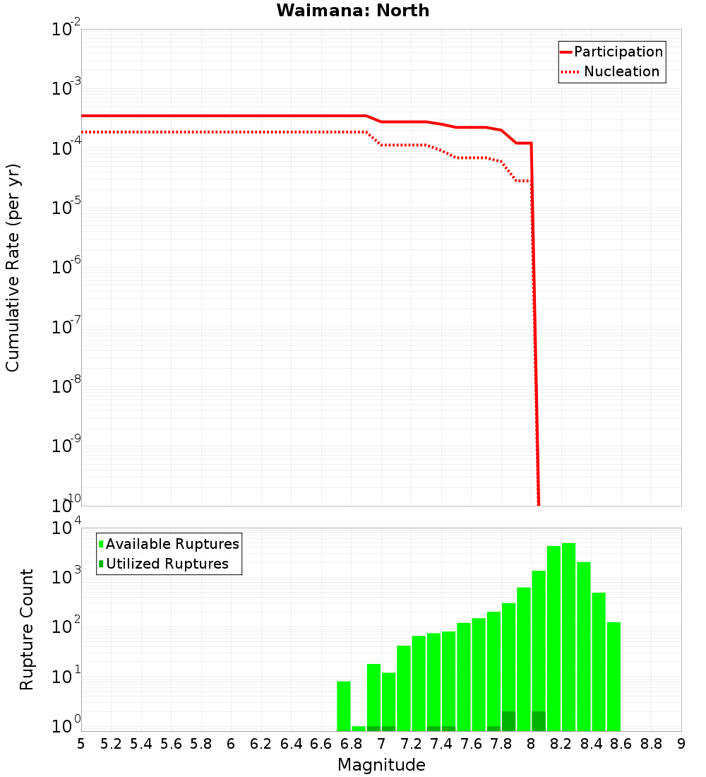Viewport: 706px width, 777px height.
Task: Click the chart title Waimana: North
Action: pyautogui.click(x=352, y=11)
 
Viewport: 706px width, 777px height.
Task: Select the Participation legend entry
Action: pyautogui.click(x=618, y=52)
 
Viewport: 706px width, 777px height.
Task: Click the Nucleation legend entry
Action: pyautogui.click(x=621, y=72)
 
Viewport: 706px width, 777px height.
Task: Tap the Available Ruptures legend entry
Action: pyautogui.click(x=172, y=544)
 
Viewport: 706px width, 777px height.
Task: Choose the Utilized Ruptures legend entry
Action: pyautogui.click(x=167, y=564)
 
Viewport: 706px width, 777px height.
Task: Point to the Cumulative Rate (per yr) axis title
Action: pyautogui.click(x=13, y=267)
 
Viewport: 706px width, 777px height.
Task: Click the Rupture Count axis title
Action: pyautogui.click(x=27, y=629)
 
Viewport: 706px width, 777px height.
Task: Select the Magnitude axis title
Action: pyautogui.click(x=381, y=765)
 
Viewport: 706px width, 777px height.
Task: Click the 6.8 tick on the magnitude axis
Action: pyautogui.click(x=351, y=744)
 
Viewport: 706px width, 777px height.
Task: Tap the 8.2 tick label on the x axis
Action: pyautogui.click(x=561, y=744)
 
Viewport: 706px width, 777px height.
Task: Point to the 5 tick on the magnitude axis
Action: pyautogui.click(x=81, y=744)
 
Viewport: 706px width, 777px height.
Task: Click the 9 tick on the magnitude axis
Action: pyautogui.click(x=681, y=744)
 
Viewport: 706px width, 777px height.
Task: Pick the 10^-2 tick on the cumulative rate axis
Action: pyautogui.click(x=63, y=30)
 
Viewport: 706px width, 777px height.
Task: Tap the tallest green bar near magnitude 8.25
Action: pyautogui.click(x=568, y=636)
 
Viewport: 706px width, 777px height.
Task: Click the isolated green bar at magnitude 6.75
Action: pyautogui.click(x=344, y=706)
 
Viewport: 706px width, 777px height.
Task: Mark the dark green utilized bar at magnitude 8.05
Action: pyautogui.click(x=539, y=721)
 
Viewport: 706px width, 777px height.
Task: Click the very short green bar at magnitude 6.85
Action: pyautogui.click(x=359, y=728)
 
